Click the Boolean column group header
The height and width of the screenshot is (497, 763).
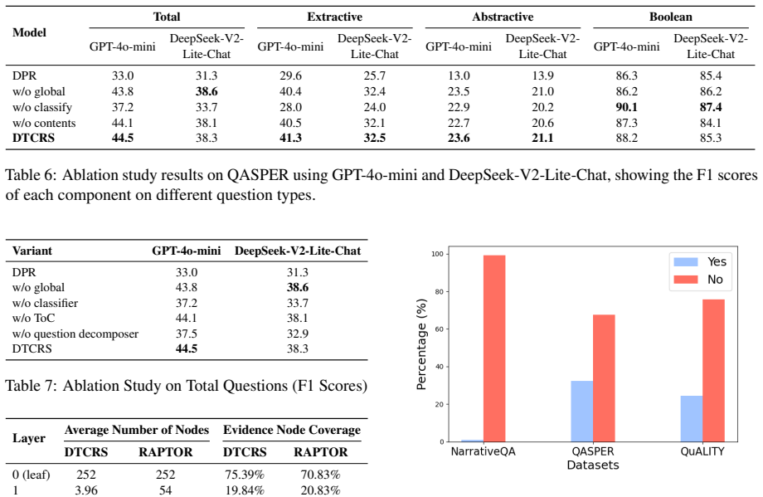tap(670, 17)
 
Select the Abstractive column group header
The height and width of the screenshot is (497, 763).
tap(503, 17)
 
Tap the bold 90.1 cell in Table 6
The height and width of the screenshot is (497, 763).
tap(626, 107)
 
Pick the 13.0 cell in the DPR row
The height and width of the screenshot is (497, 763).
tap(459, 76)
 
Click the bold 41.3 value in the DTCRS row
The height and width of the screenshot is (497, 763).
tap(290, 139)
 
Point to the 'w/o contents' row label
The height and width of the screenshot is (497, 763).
tap(44, 123)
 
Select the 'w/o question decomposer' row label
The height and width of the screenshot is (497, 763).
tap(75, 334)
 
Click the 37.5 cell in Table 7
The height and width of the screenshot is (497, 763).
tap(187, 334)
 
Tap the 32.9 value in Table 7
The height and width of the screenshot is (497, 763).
tap(297, 334)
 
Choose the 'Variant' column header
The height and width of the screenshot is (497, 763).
tap(32, 251)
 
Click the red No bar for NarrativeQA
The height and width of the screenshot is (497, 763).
tap(494, 348)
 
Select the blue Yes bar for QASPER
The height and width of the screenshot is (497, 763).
tap(582, 412)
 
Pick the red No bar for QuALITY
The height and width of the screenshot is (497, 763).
tap(714, 371)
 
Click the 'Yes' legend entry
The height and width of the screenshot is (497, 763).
tap(700, 262)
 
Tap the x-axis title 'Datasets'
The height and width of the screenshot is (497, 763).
tap(593, 465)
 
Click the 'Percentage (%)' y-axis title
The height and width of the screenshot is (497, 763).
tap(421, 344)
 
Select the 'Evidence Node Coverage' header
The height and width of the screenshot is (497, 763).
tap(291, 430)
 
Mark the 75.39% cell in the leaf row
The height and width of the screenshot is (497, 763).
tap(245, 475)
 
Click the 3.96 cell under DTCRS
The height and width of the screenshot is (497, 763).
tap(86, 490)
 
